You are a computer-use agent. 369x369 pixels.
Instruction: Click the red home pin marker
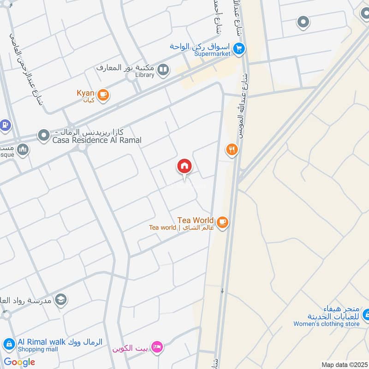184,167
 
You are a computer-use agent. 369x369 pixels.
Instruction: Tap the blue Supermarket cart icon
238,48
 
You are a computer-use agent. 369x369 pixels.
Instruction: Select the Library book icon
163,70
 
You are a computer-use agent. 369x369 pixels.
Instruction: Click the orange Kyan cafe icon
103,95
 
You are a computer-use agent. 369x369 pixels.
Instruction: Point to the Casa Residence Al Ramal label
97,140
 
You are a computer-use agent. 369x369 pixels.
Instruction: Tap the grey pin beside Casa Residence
44,136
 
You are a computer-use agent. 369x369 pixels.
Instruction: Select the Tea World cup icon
222,222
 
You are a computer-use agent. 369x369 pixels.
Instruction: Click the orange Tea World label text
196,220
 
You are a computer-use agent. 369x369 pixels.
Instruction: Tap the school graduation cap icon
61,300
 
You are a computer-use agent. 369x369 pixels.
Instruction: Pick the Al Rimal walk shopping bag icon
9,344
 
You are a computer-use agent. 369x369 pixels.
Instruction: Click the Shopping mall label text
38,349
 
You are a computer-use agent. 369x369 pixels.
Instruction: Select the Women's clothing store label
326,324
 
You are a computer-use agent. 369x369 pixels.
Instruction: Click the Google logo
19,362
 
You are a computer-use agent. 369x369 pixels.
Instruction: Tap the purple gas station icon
5,124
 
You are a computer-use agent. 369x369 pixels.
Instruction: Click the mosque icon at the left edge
23,149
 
